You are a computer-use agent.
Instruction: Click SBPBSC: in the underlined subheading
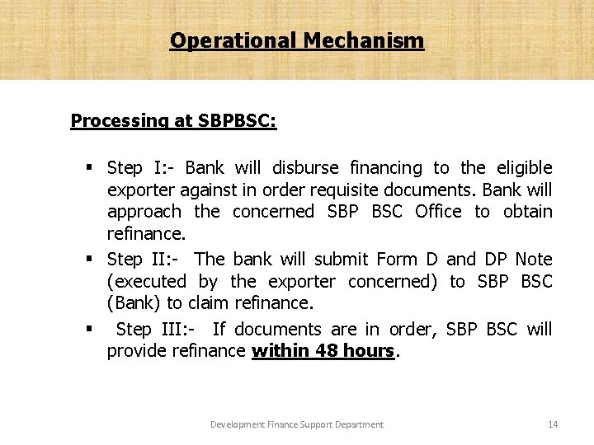coord(238,121)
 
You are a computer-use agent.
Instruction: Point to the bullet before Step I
coord(88,168)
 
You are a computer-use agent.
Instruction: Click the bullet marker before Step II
coord(88,260)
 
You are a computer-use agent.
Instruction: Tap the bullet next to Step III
coord(88,329)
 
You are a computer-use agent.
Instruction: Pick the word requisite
coord(328,190)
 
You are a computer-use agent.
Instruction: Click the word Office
coord(438,212)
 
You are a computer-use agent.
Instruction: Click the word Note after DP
coord(534,260)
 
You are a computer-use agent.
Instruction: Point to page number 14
coord(553,424)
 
